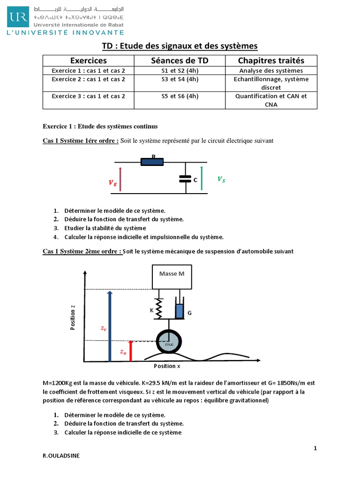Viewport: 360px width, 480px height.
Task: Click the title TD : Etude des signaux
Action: coord(180,45)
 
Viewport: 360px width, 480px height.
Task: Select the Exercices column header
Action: coord(89,60)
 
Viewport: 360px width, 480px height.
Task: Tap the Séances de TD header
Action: coord(180,60)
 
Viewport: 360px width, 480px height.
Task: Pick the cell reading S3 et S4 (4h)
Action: coord(180,79)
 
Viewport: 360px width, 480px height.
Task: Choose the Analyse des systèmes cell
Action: coord(271,70)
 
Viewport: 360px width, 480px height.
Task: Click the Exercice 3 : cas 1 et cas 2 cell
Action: coord(89,96)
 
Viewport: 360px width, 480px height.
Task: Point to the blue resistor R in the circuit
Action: coord(152,162)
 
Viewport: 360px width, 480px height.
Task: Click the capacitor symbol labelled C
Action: coord(186,178)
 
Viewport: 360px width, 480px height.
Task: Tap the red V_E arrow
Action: coord(120,179)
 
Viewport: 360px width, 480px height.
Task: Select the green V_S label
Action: coord(221,179)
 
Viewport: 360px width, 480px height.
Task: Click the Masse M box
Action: coord(172,277)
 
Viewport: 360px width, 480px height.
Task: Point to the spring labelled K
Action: coord(159,308)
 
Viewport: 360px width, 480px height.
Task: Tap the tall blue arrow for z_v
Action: coord(109,326)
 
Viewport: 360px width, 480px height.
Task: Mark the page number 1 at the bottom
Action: coord(315,449)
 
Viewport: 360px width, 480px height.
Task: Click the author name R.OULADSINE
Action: coord(61,468)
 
